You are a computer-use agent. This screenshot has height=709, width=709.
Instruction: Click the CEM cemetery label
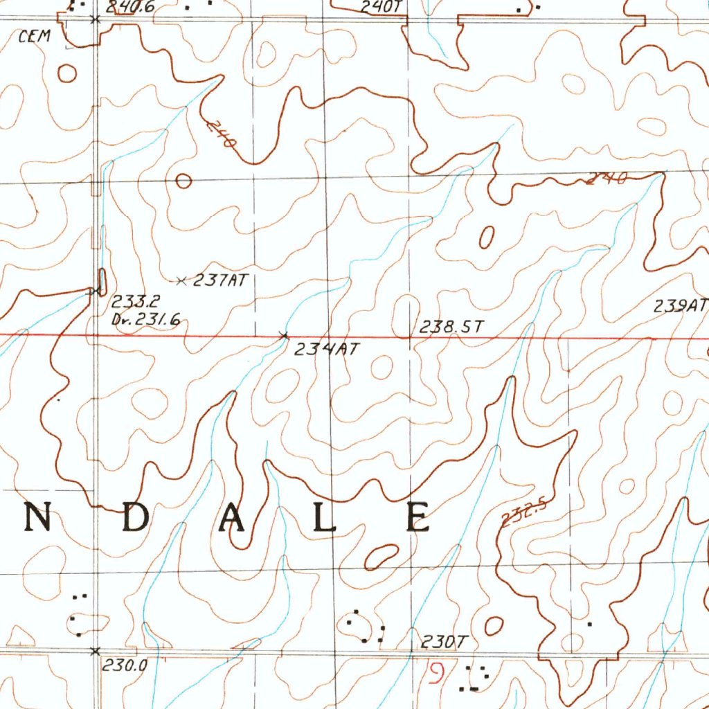35,37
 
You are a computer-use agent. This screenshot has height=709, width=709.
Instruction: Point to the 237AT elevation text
220,280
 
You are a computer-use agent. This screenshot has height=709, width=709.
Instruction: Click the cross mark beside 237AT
181,280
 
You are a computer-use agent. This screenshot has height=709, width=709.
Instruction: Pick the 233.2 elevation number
136,302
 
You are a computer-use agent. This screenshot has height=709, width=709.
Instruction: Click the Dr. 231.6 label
145,319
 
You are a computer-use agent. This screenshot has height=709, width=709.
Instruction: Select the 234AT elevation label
327,350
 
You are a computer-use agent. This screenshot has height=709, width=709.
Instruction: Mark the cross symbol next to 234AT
283,336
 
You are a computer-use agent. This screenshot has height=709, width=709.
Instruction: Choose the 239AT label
681,306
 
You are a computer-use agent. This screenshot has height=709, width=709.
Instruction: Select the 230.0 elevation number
125,665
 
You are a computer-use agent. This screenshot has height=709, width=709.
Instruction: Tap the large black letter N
39,517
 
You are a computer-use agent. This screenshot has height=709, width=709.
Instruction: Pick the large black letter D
135,517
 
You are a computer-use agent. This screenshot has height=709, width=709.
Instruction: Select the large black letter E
419,517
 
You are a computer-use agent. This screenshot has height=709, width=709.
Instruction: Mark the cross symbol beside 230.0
96,651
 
